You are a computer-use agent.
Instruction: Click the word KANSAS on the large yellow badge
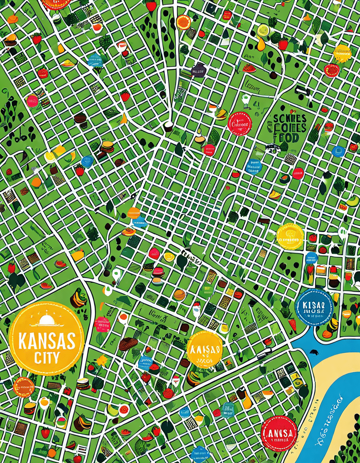click(47, 341)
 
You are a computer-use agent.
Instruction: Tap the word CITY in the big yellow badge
click(47, 357)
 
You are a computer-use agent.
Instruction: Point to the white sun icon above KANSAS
click(47, 320)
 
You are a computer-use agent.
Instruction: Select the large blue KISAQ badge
click(314, 307)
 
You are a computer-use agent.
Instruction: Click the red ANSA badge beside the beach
click(279, 433)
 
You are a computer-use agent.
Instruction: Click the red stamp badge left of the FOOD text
click(239, 123)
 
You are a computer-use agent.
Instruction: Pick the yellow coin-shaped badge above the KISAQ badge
click(290, 236)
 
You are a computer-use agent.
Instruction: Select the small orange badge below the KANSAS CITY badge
click(23, 387)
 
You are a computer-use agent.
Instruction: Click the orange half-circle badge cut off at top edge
click(55, 3)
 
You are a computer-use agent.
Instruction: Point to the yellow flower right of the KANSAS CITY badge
click(102, 360)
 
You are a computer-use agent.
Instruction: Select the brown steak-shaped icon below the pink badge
click(128, 344)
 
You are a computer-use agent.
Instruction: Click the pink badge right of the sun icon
click(102, 324)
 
